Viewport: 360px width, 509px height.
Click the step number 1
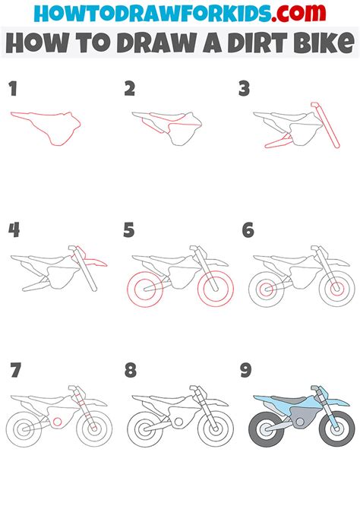13,90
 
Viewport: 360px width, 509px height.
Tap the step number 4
13,230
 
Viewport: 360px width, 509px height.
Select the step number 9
245,371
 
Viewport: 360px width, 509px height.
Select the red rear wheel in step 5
144,289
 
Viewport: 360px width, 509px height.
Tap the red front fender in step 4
94,262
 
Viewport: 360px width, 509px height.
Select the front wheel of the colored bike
334,430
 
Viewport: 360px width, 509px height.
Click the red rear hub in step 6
266,289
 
